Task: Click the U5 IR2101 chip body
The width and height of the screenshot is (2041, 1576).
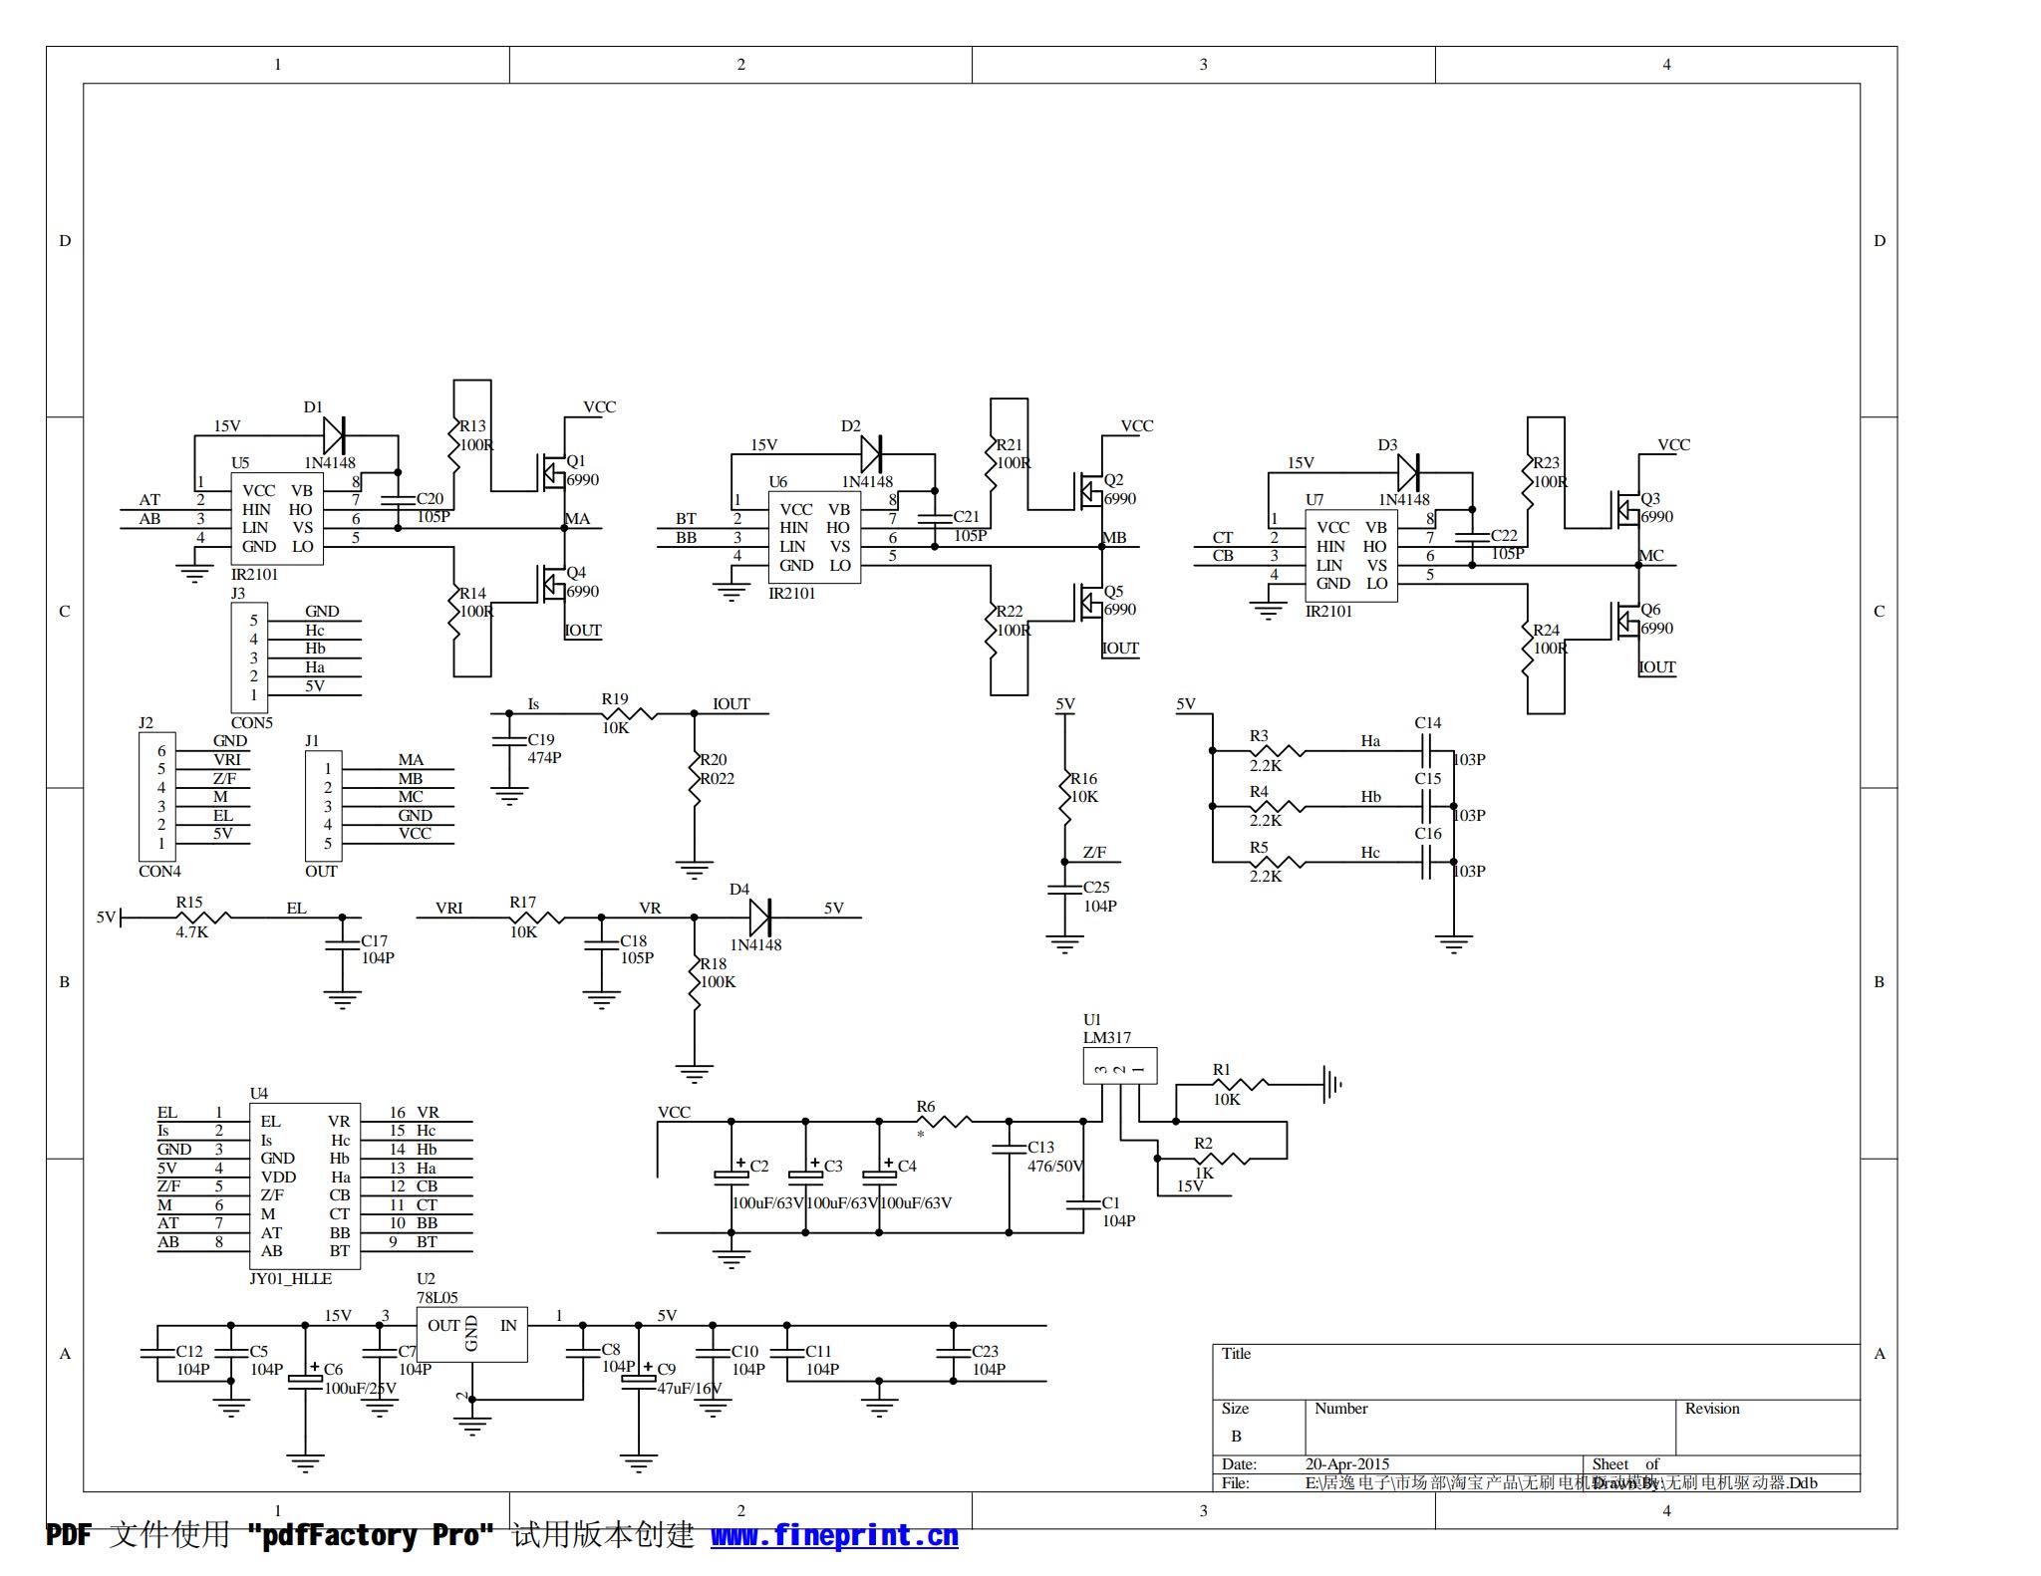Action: click(x=277, y=518)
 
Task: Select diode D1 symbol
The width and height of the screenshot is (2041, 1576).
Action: click(x=334, y=435)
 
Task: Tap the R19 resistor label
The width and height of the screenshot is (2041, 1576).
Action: click(x=615, y=699)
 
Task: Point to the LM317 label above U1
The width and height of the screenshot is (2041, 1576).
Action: click(x=1107, y=1037)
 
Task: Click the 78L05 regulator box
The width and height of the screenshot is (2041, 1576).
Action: click(x=471, y=1335)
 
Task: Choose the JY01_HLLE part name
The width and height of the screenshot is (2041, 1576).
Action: click(x=290, y=1278)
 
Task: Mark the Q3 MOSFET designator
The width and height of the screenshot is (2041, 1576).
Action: click(x=1650, y=498)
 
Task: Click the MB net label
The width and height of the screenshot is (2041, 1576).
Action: click(x=1114, y=538)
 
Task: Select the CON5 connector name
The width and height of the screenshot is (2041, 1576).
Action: click(x=251, y=722)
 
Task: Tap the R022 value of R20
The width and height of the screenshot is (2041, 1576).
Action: click(x=718, y=778)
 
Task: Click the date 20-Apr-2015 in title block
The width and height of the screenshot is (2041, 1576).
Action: click(x=1347, y=1463)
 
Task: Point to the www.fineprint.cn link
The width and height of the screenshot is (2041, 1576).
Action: click(x=834, y=1536)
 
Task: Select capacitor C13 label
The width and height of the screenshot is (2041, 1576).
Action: click(x=1041, y=1147)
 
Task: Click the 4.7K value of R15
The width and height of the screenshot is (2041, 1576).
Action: click(x=192, y=932)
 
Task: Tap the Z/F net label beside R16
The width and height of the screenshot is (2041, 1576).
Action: click(x=1094, y=852)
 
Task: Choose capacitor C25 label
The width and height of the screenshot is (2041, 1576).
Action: click(x=1096, y=887)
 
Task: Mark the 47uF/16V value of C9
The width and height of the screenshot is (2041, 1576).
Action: click(x=690, y=1388)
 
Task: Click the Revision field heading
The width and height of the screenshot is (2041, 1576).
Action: click(x=1712, y=1409)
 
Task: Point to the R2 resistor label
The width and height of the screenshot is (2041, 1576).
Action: click(x=1203, y=1143)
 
